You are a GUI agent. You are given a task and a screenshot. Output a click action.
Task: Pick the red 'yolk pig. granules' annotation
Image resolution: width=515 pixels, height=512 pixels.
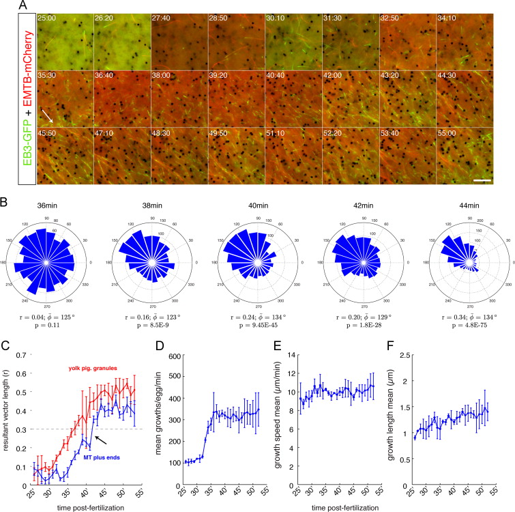[93, 370]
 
